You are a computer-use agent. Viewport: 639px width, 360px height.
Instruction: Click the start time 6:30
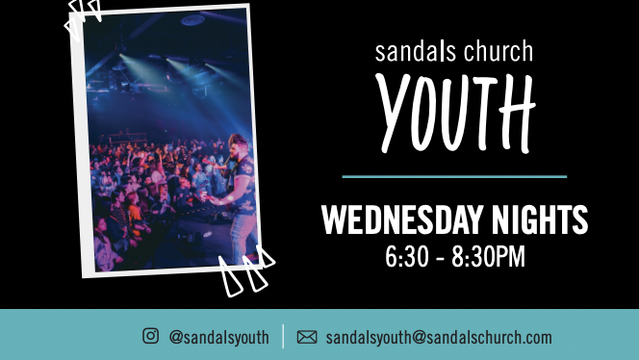(x=405, y=257)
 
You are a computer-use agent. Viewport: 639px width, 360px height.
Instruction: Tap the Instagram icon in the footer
(x=150, y=336)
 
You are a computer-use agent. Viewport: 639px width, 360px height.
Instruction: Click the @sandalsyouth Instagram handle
(x=218, y=337)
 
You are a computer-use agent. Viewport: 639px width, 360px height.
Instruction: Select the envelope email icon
(x=307, y=337)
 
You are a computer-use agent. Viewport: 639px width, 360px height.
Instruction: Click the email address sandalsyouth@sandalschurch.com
(x=439, y=337)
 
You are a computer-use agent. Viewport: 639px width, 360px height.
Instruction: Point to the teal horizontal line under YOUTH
(x=454, y=177)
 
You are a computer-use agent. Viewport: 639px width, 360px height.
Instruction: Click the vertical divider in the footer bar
(x=283, y=336)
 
